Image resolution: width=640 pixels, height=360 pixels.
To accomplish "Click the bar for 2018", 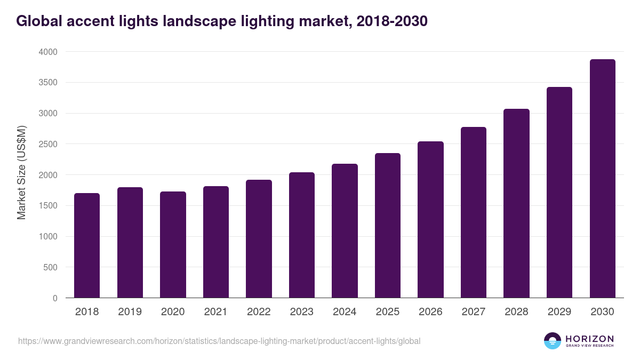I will tap(87, 245).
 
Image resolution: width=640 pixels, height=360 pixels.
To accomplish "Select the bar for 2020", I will tap(173, 245).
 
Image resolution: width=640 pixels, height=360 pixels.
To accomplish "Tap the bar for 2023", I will tap(301, 235).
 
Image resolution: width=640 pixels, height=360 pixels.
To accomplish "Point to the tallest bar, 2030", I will tap(602, 179).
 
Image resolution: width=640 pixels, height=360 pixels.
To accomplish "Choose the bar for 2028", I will tap(516, 203).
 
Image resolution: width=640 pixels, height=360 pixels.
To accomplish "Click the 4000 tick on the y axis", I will tap(47, 52).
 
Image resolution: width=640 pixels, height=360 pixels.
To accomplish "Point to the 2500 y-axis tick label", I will tap(47, 144).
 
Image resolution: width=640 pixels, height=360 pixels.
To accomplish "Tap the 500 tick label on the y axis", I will tap(50, 267).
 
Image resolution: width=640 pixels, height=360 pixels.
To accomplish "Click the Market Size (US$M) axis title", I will tap(21, 172).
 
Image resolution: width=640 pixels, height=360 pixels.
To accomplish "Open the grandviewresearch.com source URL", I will tap(219, 341).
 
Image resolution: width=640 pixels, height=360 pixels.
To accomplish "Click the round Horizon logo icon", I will tap(552, 341).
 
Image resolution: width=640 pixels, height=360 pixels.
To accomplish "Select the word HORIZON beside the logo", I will tap(589, 338).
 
